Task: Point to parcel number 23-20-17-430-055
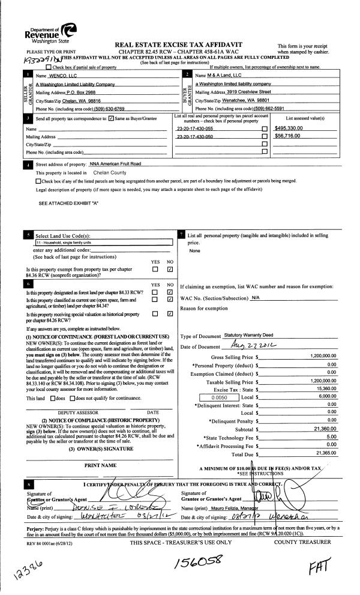195,128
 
